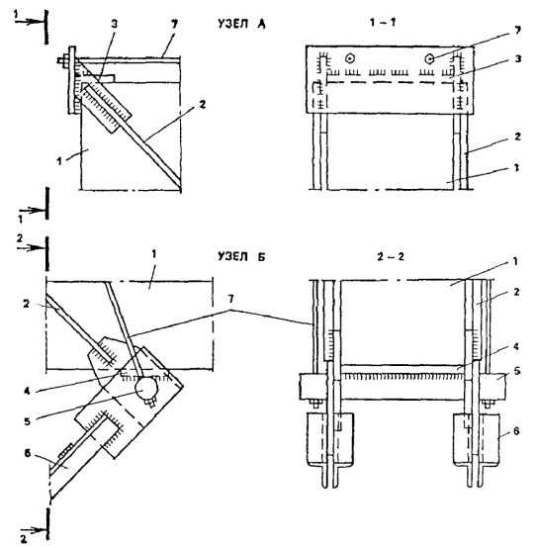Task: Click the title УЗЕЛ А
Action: point(241,24)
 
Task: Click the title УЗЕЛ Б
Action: point(241,256)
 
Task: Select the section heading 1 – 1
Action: point(383,23)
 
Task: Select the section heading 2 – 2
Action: point(391,257)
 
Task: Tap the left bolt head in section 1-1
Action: point(349,58)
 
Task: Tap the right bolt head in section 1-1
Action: point(429,59)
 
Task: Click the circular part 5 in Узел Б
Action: point(146,389)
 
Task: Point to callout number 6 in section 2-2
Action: point(516,431)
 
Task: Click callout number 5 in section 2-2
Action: point(516,371)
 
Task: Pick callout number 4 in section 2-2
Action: point(516,346)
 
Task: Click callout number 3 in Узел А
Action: point(115,24)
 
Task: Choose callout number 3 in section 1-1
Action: point(518,58)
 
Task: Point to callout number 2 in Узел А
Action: point(203,104)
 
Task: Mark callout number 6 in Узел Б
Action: point(28,454)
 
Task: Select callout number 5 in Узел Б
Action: point(28,421)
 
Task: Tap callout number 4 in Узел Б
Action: point(28,391)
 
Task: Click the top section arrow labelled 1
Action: point(30,21)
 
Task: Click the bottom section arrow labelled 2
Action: point(34,530)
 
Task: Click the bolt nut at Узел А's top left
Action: point(64,61)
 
